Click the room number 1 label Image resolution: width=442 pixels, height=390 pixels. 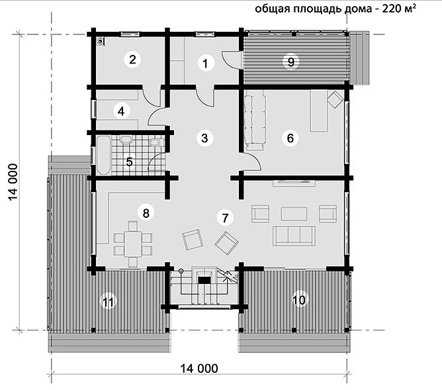(x=205, y=63)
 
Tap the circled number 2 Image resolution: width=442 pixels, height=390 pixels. (x=132, y=60)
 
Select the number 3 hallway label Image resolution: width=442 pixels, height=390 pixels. (x=204, y=138)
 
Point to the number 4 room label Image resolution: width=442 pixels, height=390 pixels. (x=121, y=111)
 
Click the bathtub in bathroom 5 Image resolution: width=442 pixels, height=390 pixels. (x=103, y=155)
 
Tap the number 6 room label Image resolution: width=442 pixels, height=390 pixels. (x=290, y=138)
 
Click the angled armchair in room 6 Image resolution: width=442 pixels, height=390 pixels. (x=335, y=99)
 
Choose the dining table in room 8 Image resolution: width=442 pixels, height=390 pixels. (x=133, y=244)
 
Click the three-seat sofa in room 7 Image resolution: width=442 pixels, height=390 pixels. (x=294, y=236)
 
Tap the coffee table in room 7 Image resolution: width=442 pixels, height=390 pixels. (x=294, y=214)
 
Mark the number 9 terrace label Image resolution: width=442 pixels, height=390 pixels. (x=290, y=61)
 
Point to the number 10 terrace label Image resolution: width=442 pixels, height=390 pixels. (x=299, y=300)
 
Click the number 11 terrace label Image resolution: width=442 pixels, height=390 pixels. (x=109, y=302)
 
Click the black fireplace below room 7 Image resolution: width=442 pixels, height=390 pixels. (x=204, y=280)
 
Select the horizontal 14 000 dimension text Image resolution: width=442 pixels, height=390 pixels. (x=199, y=369)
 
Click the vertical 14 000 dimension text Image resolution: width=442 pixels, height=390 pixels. (x=13, y=182)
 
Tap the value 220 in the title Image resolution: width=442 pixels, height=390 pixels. (x=392, y=9)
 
